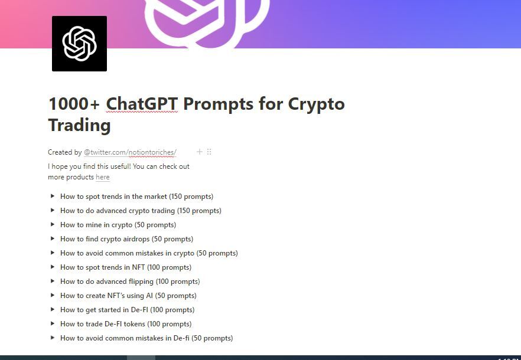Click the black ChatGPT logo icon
point(79,44)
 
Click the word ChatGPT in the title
point(142,104)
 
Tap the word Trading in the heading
point(79,125)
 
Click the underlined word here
point(102,177)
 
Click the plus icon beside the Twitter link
point(200,152)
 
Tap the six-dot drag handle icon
point(209,152)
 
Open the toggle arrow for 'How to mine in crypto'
point(53,224)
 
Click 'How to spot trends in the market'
point(136,197)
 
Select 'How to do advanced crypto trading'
point(141,211)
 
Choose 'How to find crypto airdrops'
point(126,239)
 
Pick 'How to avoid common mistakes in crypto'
point(149,253)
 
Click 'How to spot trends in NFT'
point(126,267)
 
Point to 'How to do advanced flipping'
point(130,282)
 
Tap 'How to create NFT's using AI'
point(128,296)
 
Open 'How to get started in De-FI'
point(127,310)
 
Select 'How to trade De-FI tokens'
point(126,324)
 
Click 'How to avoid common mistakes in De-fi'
point(146,338)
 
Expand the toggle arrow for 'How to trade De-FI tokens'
point(53,323)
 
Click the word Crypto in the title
point(316,104)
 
